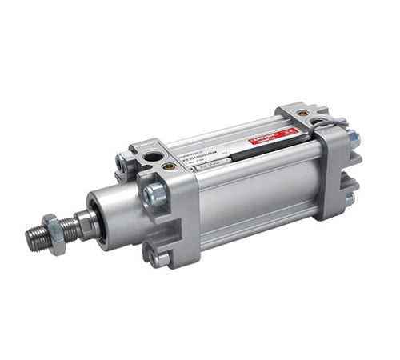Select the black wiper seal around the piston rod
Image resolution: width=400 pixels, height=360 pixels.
(90, 221)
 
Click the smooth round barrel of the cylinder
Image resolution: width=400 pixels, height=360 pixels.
(248, 192)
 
